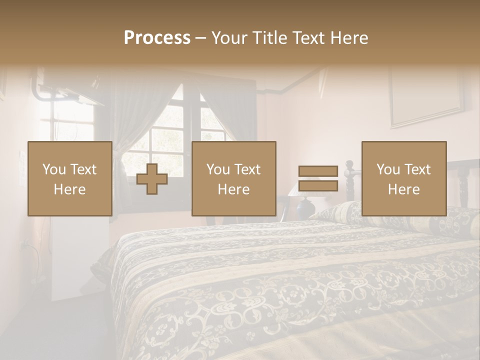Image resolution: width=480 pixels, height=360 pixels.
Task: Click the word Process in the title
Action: coord(157,37)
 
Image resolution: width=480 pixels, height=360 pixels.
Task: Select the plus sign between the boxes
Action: coord(152,179)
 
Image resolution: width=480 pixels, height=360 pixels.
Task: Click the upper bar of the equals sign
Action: coord(318,171)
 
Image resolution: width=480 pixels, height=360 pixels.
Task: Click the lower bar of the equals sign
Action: coord(318,185)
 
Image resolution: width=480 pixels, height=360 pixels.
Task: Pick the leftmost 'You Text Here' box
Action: coord(69,178)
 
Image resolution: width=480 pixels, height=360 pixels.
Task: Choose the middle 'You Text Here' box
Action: coord(233,178)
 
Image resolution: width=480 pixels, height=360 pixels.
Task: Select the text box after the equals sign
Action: coord(403,178)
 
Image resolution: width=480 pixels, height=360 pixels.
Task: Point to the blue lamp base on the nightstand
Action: coord(305,205)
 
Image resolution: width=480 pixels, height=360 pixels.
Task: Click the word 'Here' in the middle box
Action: coord(233,189)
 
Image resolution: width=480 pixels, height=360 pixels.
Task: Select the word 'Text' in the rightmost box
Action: coord(418,169)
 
